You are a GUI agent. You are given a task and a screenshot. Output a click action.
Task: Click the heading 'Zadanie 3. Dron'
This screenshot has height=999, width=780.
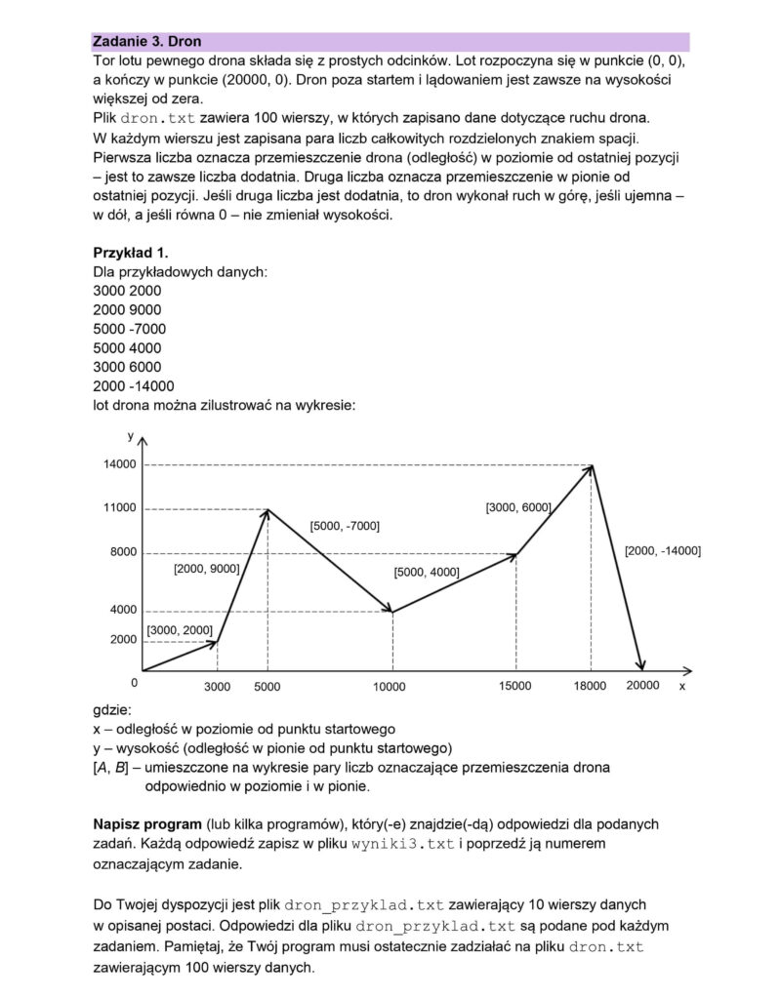click(x=142, y=42)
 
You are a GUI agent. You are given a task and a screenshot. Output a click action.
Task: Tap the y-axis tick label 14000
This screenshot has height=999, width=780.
click(x=120, y=465)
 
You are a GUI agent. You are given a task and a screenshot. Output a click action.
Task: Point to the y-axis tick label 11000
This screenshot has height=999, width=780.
click(x=120, y=508)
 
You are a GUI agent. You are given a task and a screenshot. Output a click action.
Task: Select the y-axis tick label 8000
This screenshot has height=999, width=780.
click(x=123, y=552)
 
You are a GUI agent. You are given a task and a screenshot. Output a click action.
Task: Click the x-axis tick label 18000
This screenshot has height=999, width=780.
click(x=591, y=687)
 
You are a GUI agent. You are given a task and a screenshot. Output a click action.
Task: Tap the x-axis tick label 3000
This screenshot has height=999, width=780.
click(x=217, y=687)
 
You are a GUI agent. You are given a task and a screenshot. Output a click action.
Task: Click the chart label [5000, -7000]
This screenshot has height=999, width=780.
click(x=345, y=526)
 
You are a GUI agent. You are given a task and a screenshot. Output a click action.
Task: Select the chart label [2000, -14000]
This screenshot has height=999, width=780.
click(x=663, y=551)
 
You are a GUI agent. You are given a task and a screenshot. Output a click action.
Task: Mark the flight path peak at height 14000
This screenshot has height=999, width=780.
click(x=592, y=465)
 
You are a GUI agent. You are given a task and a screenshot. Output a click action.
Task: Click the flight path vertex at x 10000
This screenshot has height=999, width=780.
click(x=391, y=612)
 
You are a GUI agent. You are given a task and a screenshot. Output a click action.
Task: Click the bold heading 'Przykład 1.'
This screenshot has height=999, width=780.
click(x=130, y=253)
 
